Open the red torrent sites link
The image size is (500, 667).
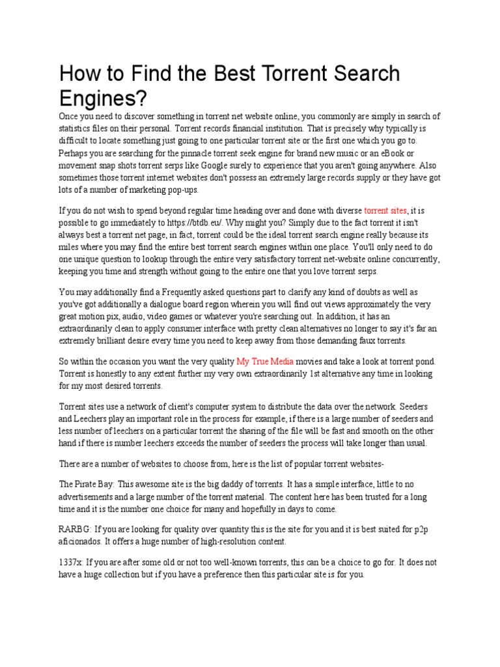click(385, 210)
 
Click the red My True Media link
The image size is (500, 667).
click(265, 361)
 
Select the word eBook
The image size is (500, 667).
click(420, 152)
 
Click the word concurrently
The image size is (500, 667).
click(404, 259)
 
